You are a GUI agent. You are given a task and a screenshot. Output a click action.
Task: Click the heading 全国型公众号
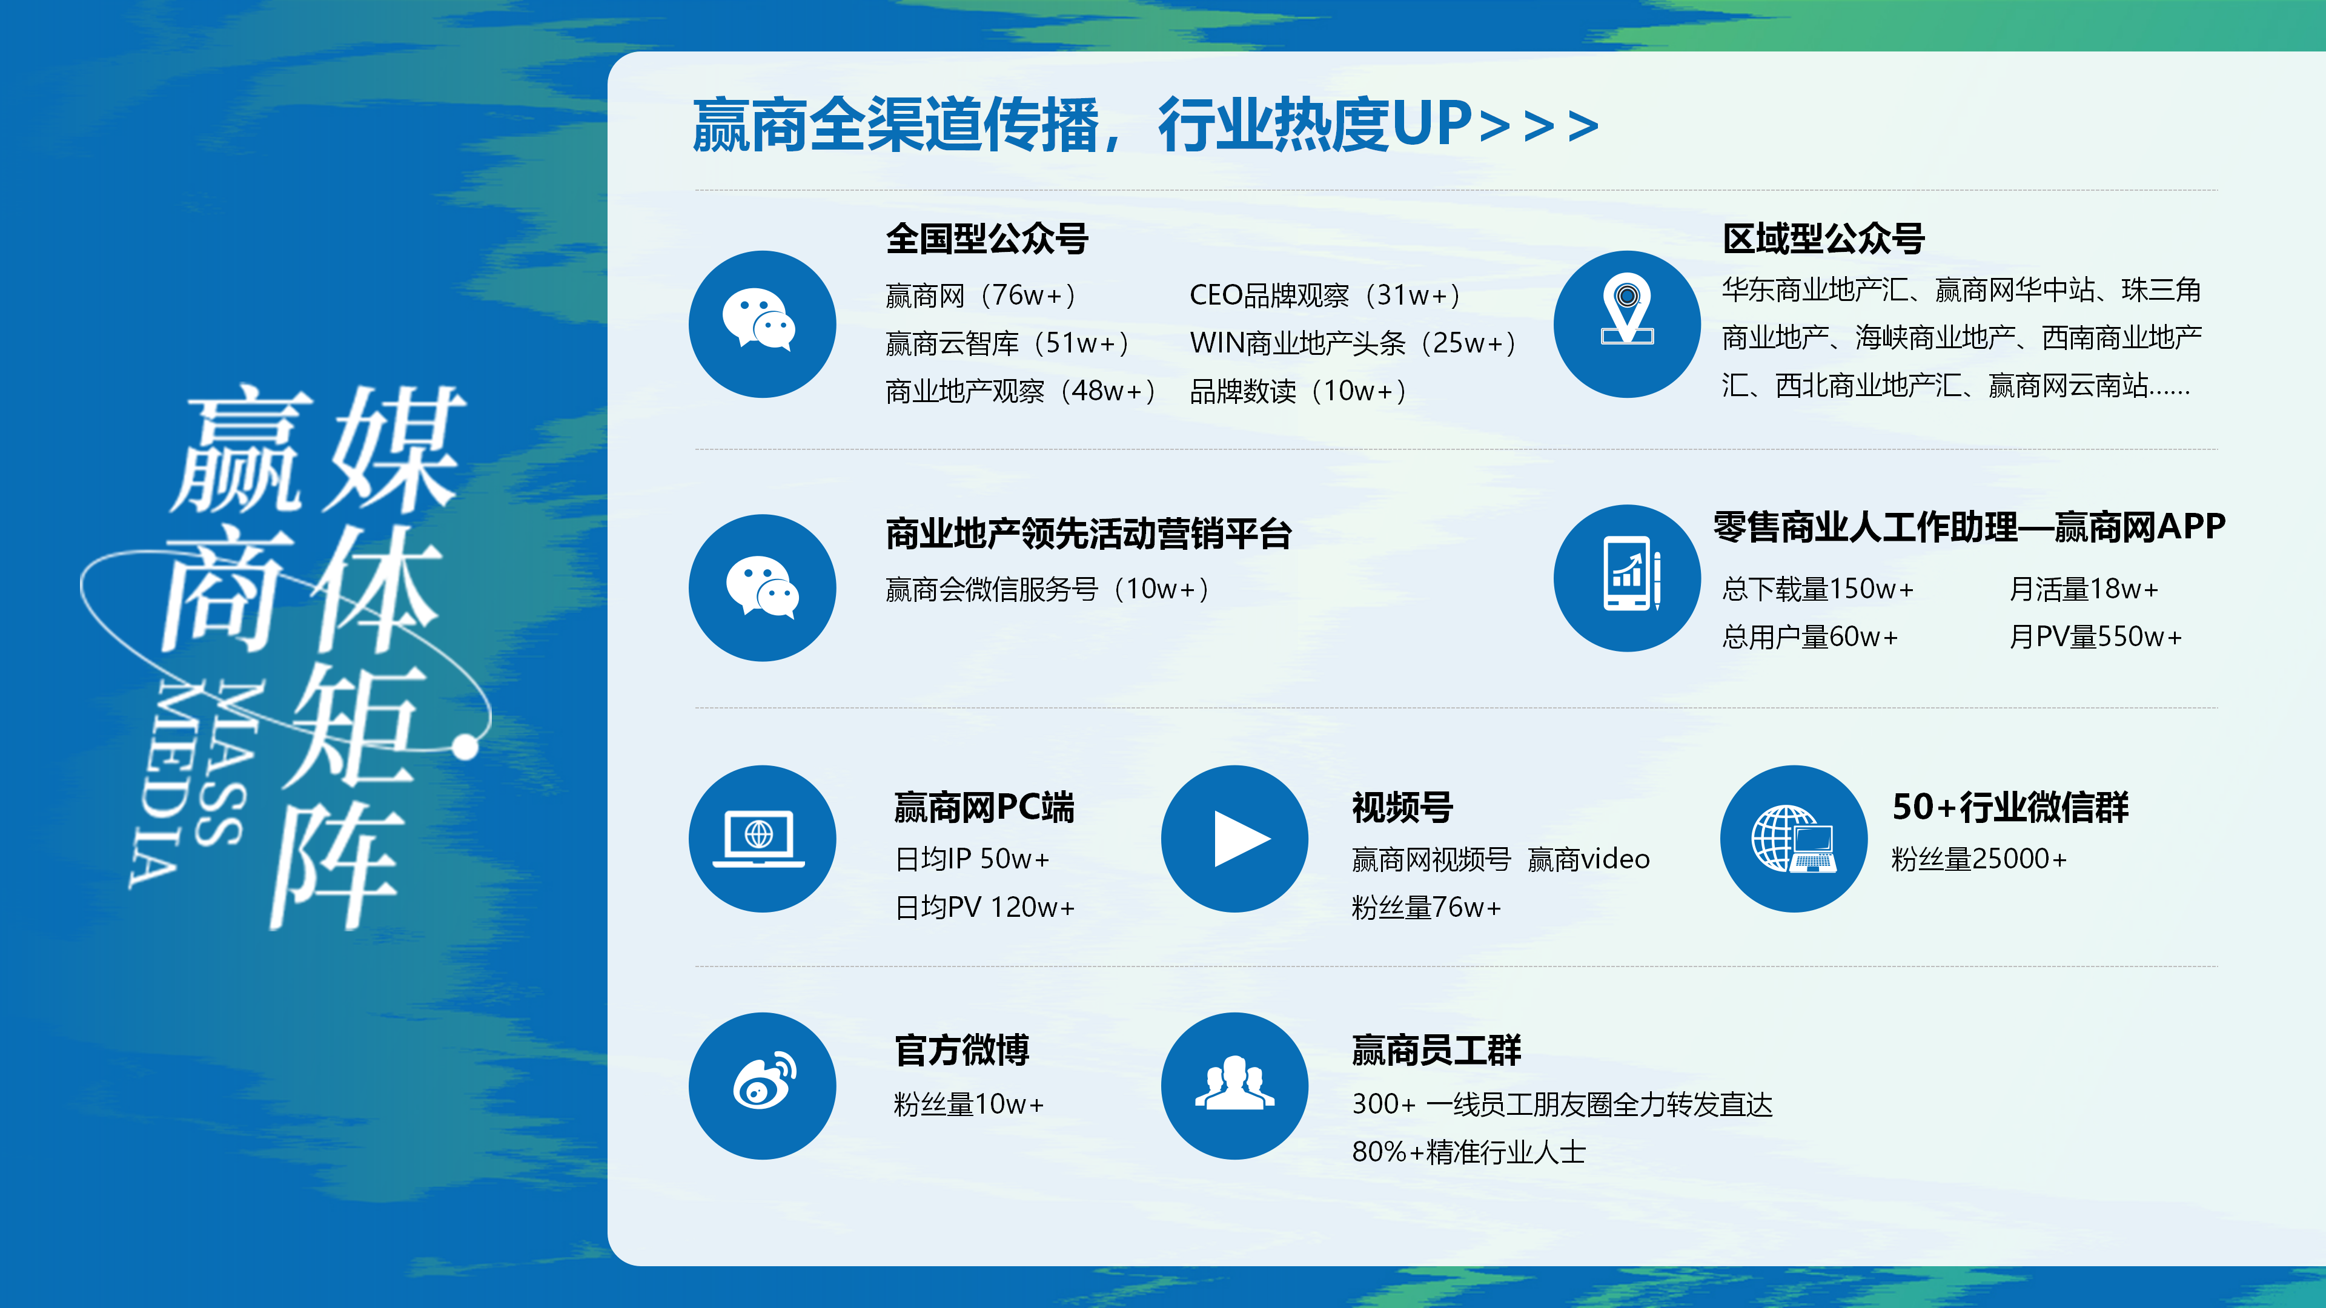click(987, 239)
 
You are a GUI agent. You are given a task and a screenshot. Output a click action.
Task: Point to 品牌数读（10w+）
click(1297, 391)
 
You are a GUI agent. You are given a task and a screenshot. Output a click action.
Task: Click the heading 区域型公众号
click(1823, 239)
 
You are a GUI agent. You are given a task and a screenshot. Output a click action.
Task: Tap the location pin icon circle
click(1627, 324)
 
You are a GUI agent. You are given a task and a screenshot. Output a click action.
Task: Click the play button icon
click(1234, 839)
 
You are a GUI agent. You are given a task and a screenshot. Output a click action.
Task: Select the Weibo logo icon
click(763, 1086)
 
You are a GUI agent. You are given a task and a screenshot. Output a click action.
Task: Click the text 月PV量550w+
click(2095, 637)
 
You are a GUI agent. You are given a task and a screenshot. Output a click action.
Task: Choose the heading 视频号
click(1402, 807)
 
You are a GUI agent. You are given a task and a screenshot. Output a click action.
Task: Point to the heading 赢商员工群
click(1436, 1050)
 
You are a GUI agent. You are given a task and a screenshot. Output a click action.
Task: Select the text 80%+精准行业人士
click(1468, 1153)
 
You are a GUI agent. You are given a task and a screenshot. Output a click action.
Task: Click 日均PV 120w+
click(984, 907)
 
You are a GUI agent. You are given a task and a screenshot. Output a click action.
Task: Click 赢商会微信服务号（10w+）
click(1047, 589)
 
